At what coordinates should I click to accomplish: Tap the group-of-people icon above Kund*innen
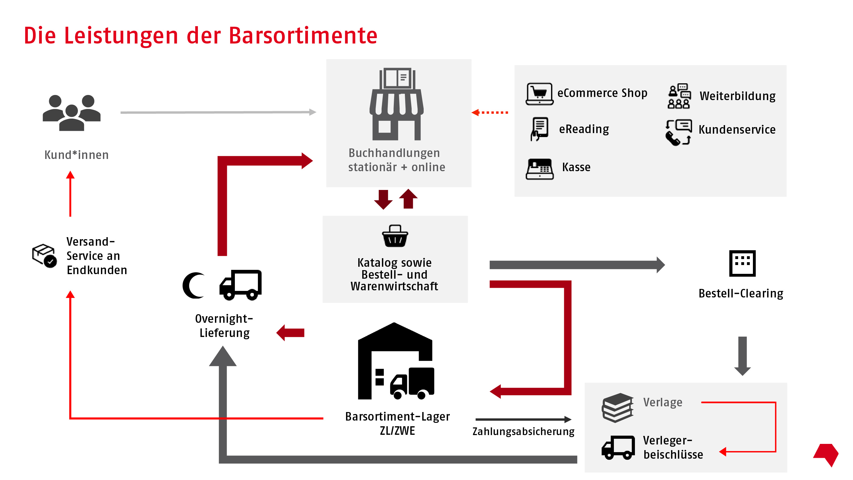click(x=72, y=113)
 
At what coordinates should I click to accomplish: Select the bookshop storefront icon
click(x=396, y=104)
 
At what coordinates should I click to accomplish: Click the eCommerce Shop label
click(x=602, y=93)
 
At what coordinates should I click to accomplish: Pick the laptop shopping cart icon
click(x=539, y=94)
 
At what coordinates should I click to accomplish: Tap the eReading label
click(x=584, y=129)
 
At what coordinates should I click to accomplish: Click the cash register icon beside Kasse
click(x=539, y=169)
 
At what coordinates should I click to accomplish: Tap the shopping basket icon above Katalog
click(x=395, y=236)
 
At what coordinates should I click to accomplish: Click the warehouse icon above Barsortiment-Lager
click(x=396, y=361)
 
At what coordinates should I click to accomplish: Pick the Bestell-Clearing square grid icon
click(x=742, y=263)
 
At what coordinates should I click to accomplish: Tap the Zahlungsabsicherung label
click(x=523, y=431)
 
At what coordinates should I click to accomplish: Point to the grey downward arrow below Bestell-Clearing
click(x=742, y=356)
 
